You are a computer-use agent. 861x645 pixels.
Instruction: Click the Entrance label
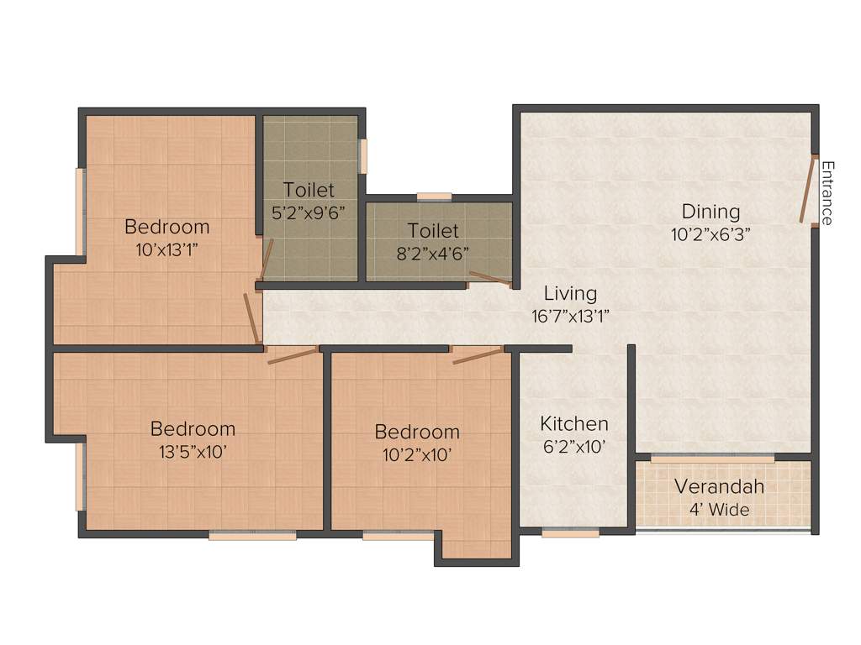827,192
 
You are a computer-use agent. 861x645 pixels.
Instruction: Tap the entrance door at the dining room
808,190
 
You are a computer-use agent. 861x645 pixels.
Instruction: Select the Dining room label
710,212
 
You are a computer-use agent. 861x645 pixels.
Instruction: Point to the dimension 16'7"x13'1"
570,317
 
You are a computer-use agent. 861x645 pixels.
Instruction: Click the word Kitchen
574,423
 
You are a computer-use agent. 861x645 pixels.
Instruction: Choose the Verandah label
719,487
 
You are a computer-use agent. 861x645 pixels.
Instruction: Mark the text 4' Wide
720,509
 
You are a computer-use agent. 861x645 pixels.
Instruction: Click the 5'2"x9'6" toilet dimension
309,212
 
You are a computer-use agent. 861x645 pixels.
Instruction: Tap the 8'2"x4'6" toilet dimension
433,252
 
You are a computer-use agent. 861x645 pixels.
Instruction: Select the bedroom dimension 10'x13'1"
166,249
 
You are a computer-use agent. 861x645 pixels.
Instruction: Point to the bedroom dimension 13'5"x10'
193,452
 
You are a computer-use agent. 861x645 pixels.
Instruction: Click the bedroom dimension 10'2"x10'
417,454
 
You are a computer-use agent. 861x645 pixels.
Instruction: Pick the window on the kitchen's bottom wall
570,532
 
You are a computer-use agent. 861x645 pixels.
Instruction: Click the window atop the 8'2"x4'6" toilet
434,197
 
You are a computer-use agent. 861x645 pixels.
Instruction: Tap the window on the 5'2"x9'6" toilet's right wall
363,155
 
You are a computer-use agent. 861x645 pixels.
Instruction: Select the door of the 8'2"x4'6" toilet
489,279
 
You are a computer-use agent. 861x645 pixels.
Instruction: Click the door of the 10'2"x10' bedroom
478,355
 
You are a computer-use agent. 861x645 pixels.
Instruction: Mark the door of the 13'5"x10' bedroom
292,355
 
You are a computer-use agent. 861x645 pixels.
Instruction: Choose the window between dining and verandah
712,459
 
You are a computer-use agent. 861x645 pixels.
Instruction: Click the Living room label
570,294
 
